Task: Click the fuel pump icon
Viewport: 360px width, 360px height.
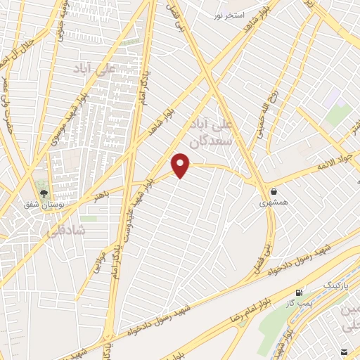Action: point(301,292)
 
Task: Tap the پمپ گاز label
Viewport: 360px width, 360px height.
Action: point(299,303)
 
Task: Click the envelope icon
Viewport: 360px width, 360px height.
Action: point(345,350)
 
